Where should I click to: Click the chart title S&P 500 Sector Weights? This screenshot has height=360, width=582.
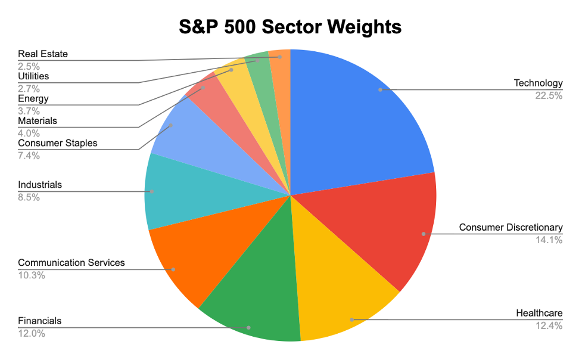291,27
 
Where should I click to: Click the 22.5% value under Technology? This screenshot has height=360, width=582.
548,95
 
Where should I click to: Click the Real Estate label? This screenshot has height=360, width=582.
43,54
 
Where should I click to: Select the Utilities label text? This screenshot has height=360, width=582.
33,76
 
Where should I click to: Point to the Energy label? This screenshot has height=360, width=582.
33,98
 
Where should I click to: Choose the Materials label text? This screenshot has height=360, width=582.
38,121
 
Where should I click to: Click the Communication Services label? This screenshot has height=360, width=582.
71,263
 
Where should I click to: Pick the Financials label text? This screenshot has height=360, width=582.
40,321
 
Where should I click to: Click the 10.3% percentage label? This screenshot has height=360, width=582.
32,275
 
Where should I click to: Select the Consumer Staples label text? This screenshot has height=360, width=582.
58,143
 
